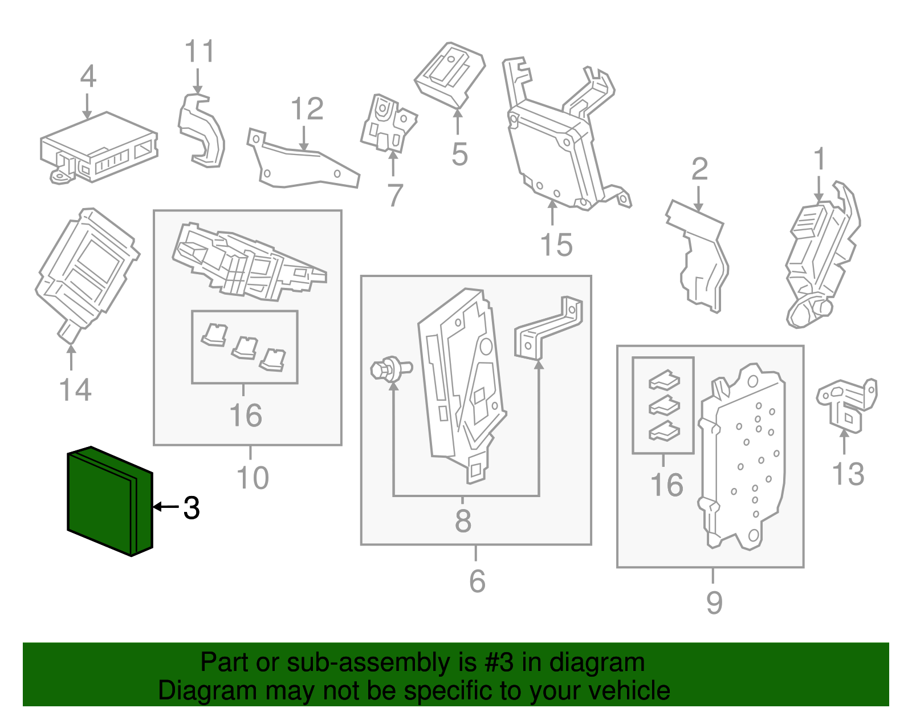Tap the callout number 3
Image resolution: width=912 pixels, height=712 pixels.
coord(192,507)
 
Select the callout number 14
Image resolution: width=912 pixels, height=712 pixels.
coord(75,390)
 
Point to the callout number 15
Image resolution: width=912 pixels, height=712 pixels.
coord(556,245)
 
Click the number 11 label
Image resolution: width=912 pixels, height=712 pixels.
coord(199,51)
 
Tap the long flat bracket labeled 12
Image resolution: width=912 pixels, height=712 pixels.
coord(302,165)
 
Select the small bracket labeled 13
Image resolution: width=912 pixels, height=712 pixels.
coord(846,402)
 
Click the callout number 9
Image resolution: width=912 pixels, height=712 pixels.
coord(714,603)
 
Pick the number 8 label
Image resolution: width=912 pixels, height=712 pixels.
coord(463,520)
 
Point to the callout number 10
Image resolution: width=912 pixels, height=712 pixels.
coord(253,478)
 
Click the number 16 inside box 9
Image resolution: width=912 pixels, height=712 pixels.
coord(666,485)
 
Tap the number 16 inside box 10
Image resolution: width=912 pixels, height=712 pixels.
coord(246,415)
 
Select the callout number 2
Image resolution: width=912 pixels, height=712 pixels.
coord(699,169)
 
